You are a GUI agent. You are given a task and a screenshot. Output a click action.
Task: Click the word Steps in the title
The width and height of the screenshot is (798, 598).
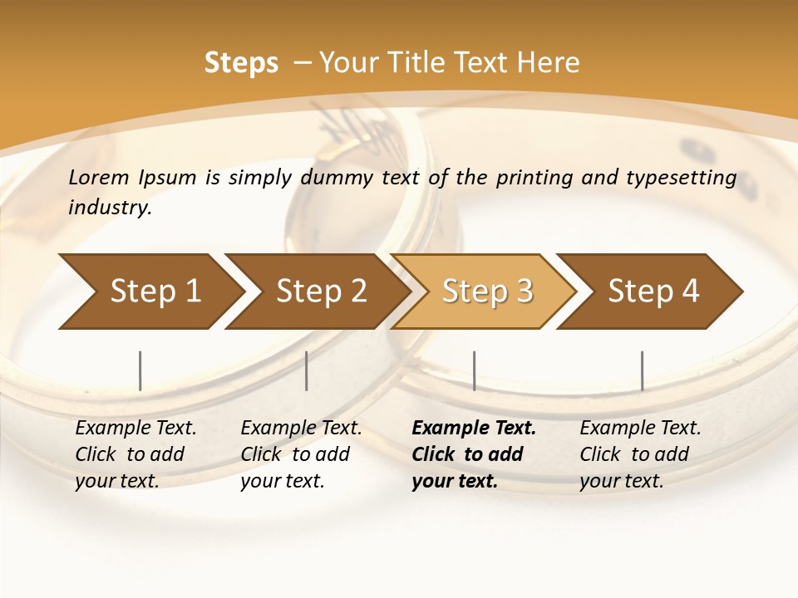coord(241,63)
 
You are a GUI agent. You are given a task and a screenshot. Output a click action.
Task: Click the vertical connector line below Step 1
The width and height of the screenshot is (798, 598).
coord(140,370)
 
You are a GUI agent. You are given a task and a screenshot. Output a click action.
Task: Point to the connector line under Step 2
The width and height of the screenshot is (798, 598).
coord(307,370)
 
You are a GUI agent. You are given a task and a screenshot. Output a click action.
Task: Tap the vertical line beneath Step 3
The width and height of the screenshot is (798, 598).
coord(474,370)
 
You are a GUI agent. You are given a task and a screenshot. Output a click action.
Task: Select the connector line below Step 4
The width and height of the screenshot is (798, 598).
coord(642,370)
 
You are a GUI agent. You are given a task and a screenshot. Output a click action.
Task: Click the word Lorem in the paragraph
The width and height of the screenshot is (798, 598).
coord(98,177)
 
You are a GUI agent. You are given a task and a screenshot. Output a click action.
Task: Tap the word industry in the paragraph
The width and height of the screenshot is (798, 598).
coord(109,208)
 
